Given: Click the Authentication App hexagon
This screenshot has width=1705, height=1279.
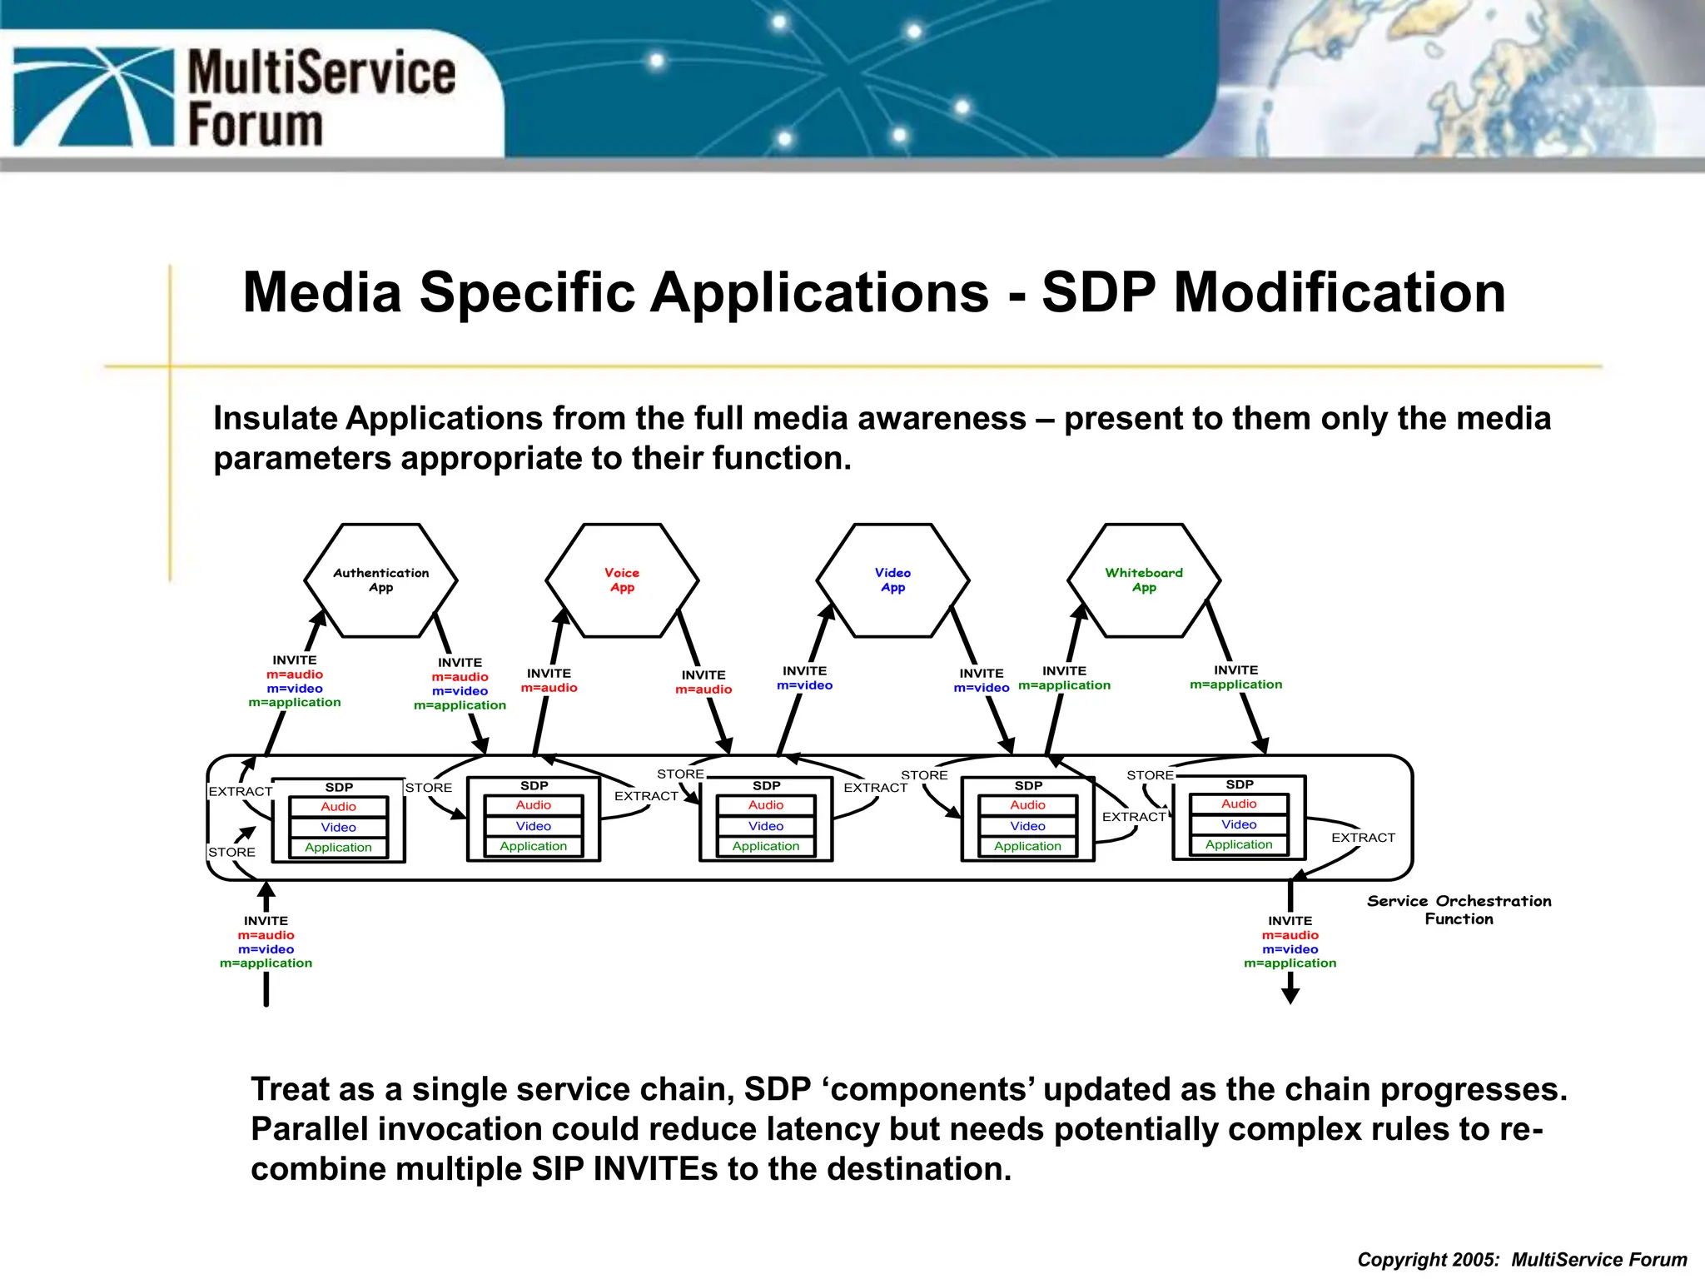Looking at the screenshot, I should coord(380,580).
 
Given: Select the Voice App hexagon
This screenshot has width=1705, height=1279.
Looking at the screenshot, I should coord(622,580).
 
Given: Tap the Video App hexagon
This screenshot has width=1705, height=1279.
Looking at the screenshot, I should coord(892,580).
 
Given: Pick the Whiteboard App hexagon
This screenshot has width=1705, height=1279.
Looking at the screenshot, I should coord(1144,580).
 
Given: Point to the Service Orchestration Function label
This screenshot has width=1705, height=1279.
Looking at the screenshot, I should coord(1459,910).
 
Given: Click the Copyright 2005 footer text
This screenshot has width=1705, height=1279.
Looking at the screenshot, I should coord(1522,1260).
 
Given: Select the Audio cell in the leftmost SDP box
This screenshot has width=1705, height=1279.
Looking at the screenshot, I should coord(338,807).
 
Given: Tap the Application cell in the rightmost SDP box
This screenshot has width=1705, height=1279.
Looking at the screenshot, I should coord(1239,844).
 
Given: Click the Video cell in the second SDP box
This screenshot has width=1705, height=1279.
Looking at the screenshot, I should coord(533,826).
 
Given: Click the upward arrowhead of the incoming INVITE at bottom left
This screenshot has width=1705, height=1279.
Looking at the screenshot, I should coord(266,890).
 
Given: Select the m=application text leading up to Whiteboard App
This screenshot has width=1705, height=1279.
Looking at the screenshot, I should coord(1064,685).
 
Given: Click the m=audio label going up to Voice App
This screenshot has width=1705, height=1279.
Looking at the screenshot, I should coord(549,688).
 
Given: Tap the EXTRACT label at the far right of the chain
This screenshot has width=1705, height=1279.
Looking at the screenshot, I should coord(1363,838).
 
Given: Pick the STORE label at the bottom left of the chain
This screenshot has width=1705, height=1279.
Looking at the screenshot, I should coord(231,853).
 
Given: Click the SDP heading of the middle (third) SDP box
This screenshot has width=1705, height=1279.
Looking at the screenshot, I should coord(766,786).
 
